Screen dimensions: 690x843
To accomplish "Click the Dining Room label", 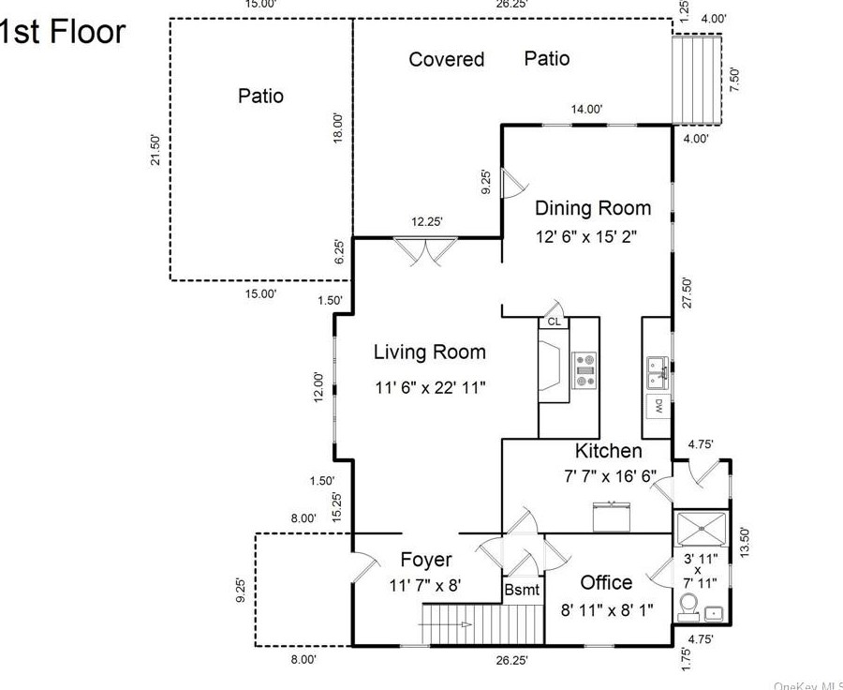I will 592,208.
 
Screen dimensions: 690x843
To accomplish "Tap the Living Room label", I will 430,352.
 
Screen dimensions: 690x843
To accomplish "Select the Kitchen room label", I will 609,451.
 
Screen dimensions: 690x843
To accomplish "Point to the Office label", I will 606,583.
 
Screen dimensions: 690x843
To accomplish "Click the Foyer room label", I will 426,561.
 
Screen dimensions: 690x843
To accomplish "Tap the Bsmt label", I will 522,590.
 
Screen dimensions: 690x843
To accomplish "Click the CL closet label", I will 554,322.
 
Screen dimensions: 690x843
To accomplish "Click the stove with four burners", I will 585,369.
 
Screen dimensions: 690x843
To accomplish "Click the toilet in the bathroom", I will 689,606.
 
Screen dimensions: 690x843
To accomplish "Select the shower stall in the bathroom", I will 702,530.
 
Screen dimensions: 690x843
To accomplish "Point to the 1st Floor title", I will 61,32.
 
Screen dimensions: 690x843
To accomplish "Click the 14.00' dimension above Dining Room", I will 586,110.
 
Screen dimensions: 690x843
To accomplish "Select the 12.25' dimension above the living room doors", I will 426,222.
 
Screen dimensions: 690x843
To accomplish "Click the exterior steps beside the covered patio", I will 697,80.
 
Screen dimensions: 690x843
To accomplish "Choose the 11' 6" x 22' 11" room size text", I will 430,386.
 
